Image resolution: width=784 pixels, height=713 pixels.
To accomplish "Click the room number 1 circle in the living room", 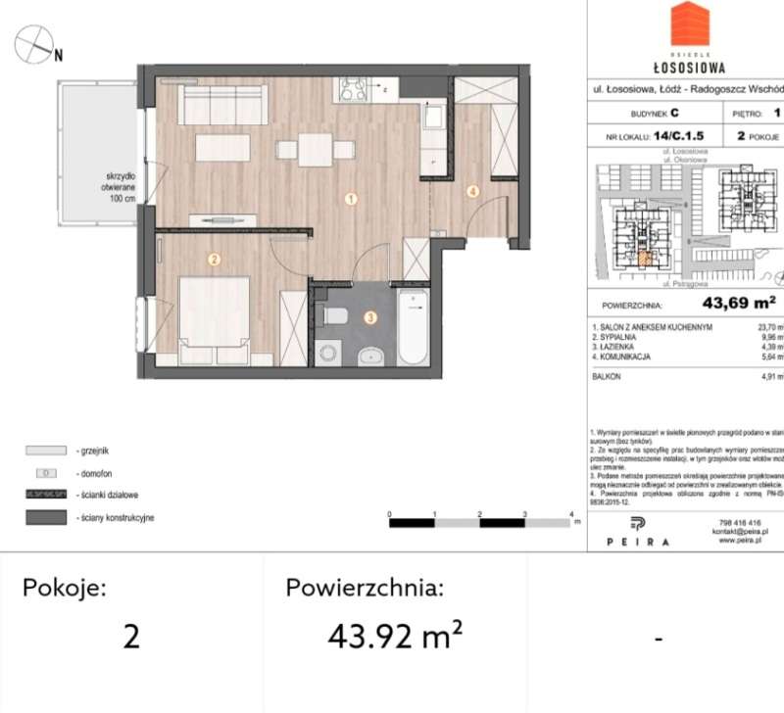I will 350,200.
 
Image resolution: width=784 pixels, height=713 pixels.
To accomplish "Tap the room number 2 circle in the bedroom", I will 214,260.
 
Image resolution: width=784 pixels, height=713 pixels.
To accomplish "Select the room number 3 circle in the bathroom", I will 369,317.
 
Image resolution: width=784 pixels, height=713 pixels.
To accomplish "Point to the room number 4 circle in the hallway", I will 472,192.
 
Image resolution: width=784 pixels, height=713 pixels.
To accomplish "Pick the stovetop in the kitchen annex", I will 353,90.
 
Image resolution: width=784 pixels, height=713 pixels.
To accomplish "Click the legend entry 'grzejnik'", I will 93,451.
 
